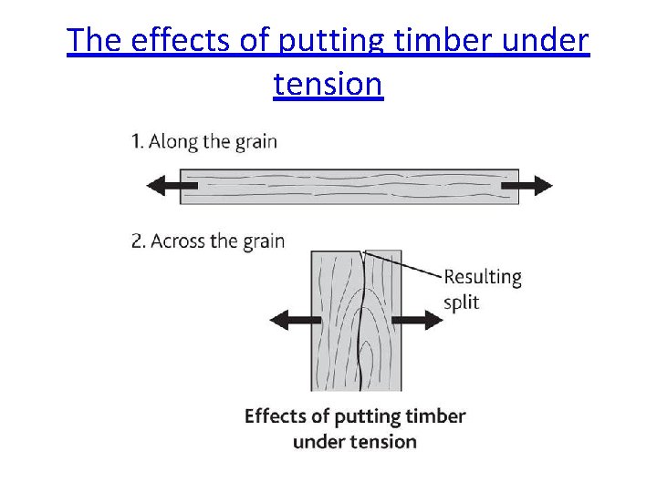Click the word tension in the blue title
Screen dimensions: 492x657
[328, 84]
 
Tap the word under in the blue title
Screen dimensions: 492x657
[545, 41]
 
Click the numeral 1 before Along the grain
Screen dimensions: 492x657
[135, 141]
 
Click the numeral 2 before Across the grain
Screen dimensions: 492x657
[137, 241]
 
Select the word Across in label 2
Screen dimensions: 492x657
[179, 241]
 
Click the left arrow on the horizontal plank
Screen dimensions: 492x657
[172, 186]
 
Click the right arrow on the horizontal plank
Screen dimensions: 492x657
[527, 186]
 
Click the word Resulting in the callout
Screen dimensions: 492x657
[482, 277]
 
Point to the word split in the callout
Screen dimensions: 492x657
[462, 302]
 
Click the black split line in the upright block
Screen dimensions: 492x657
[363, 319]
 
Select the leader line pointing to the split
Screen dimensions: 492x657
[406, 265]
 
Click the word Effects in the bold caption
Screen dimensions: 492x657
[276, 416]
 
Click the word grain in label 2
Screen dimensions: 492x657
[265, 241]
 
